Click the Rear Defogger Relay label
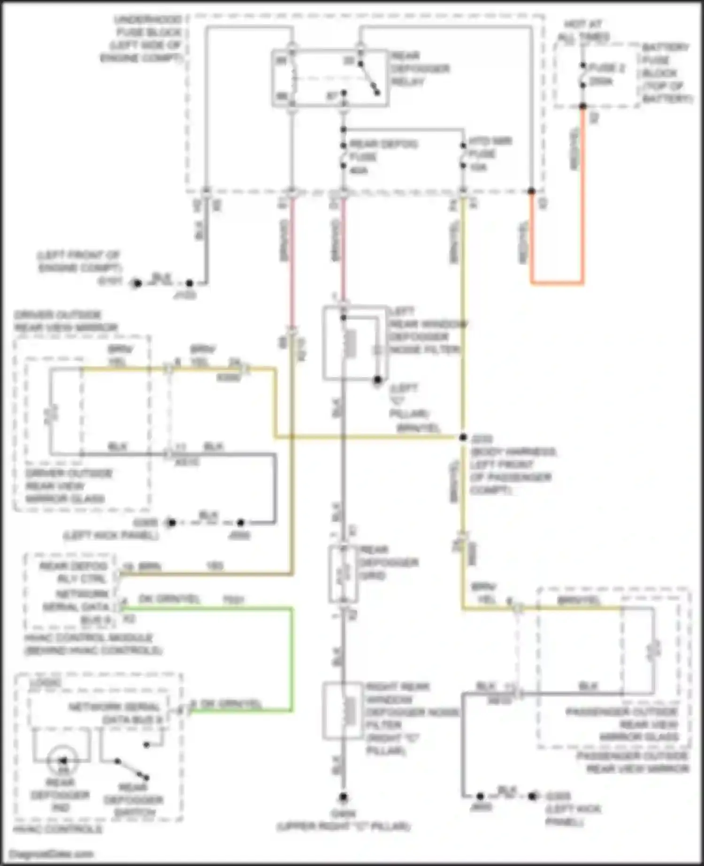click(x=420, y=68)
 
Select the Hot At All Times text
click(x=583, y=30)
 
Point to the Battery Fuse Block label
click(x=666, y=73)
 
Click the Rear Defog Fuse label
click(x=383, y=156)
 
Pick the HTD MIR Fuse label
click(x=489, y=153)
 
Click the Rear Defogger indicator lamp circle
click(x=63, y=760)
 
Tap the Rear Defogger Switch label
click(x=134, y=799)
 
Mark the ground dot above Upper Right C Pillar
click(x=343, y=797)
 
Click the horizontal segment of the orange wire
click(x=557, y=283)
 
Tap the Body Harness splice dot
click(x=463, y=437)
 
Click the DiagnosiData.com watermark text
click(x=52, y=853)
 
